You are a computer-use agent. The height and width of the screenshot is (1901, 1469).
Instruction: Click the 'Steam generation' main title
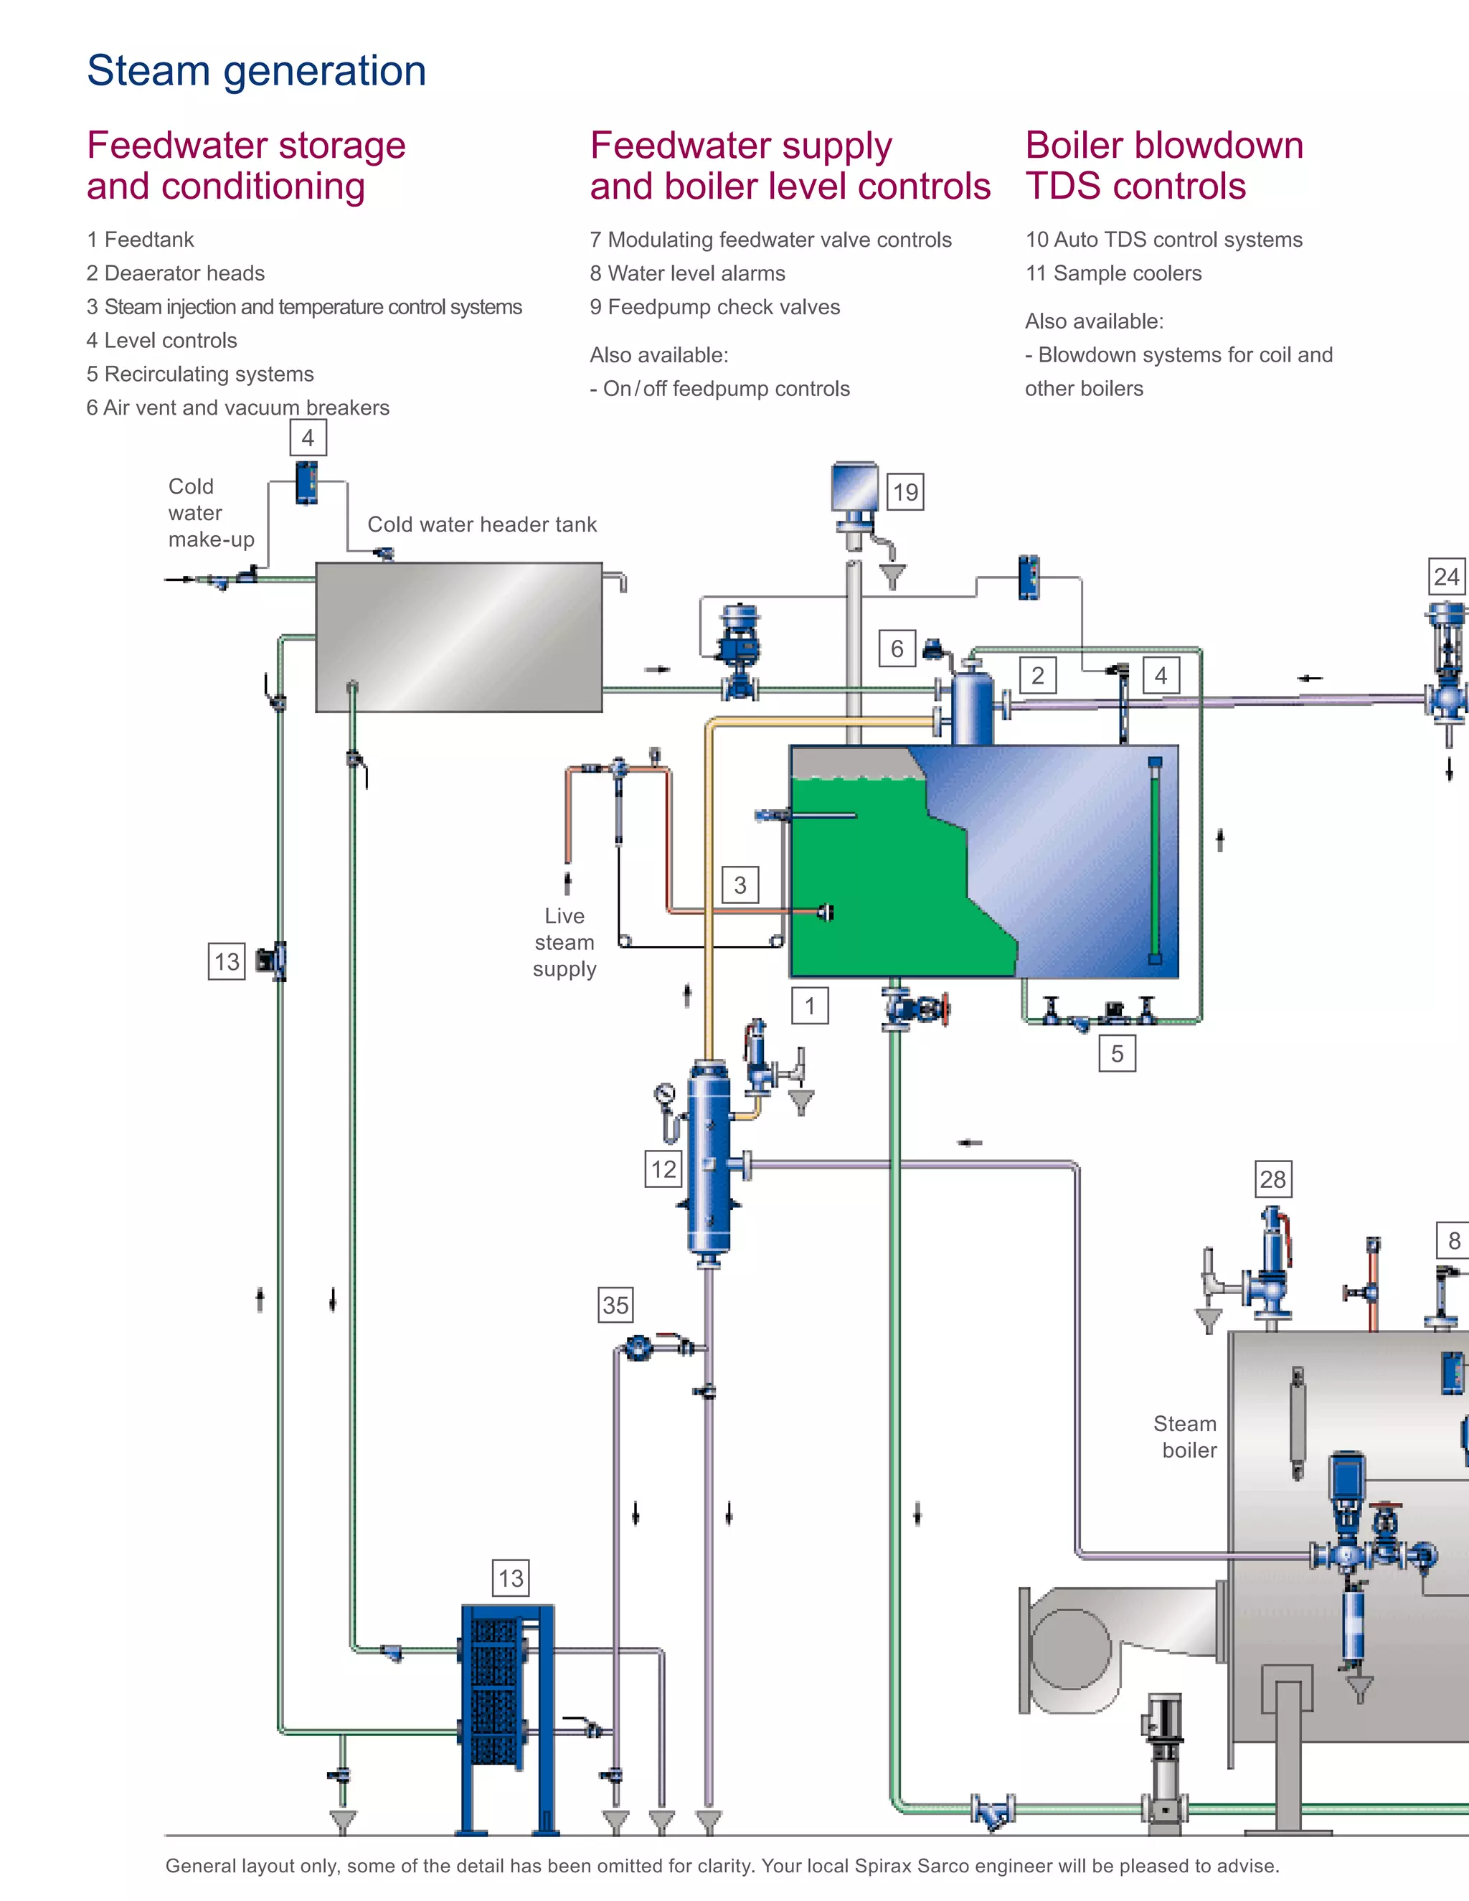257,70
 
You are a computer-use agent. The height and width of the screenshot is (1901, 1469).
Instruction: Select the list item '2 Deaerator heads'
176,273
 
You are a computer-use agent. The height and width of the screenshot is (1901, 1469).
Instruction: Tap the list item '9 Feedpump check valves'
714,307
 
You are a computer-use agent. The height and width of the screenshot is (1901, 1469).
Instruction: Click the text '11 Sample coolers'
1113,273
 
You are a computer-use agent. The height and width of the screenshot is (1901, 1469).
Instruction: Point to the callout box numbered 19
905,492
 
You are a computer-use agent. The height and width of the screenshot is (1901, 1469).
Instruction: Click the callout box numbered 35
615,1305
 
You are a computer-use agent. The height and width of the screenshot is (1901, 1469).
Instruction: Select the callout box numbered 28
1272,1179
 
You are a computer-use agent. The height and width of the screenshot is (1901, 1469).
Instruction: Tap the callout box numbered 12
663,1169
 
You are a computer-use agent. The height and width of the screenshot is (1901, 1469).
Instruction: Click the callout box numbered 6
897,648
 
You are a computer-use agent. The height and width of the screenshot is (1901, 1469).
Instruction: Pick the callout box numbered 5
1117,1054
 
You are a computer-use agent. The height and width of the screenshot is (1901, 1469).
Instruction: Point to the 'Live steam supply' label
565,943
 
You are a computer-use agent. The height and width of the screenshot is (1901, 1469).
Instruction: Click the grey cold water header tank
458,637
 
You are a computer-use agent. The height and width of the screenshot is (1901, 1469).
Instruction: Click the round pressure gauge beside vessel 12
665,1093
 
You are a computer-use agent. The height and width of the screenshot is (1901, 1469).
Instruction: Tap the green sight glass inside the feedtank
1155,861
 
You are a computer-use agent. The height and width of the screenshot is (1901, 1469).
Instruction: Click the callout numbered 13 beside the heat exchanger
511,1578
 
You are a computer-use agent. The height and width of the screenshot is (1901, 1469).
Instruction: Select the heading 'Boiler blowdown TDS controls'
1163,166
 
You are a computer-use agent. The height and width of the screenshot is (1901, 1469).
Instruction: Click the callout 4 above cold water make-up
308,438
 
